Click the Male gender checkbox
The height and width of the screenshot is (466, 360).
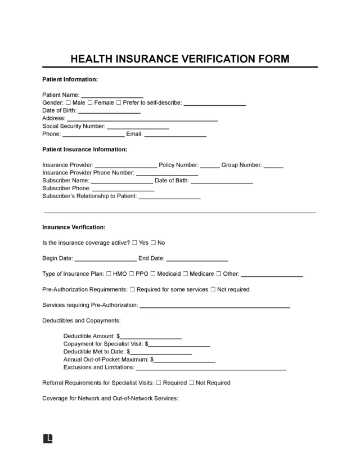(68, 103)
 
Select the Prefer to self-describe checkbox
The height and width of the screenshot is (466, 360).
(119, 103)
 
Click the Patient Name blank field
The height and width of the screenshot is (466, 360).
(112, 96)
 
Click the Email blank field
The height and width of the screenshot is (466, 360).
(176, 135)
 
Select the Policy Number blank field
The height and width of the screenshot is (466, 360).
(210, 165)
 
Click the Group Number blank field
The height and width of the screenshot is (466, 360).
(273, 165)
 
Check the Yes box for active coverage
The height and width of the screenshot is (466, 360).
(134, 243)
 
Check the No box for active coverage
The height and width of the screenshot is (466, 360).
(153, 243)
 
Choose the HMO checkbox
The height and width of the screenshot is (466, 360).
(109, 274)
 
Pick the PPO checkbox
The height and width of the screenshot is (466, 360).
(130, 274)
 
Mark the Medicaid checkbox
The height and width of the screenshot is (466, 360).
(152, 274)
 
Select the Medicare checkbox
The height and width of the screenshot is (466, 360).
(186, 274)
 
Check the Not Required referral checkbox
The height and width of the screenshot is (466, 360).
(192, 383)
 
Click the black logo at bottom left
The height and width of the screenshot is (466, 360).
(47, 438)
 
